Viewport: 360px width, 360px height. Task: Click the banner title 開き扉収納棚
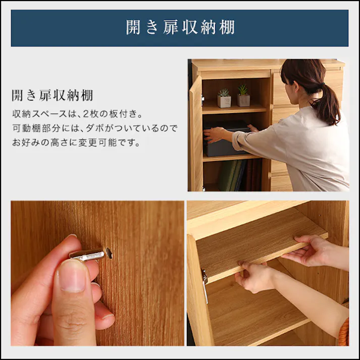coord(180,27)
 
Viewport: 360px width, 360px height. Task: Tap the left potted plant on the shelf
coord(224,98)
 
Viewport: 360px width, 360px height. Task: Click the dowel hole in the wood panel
coord(110,251)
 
